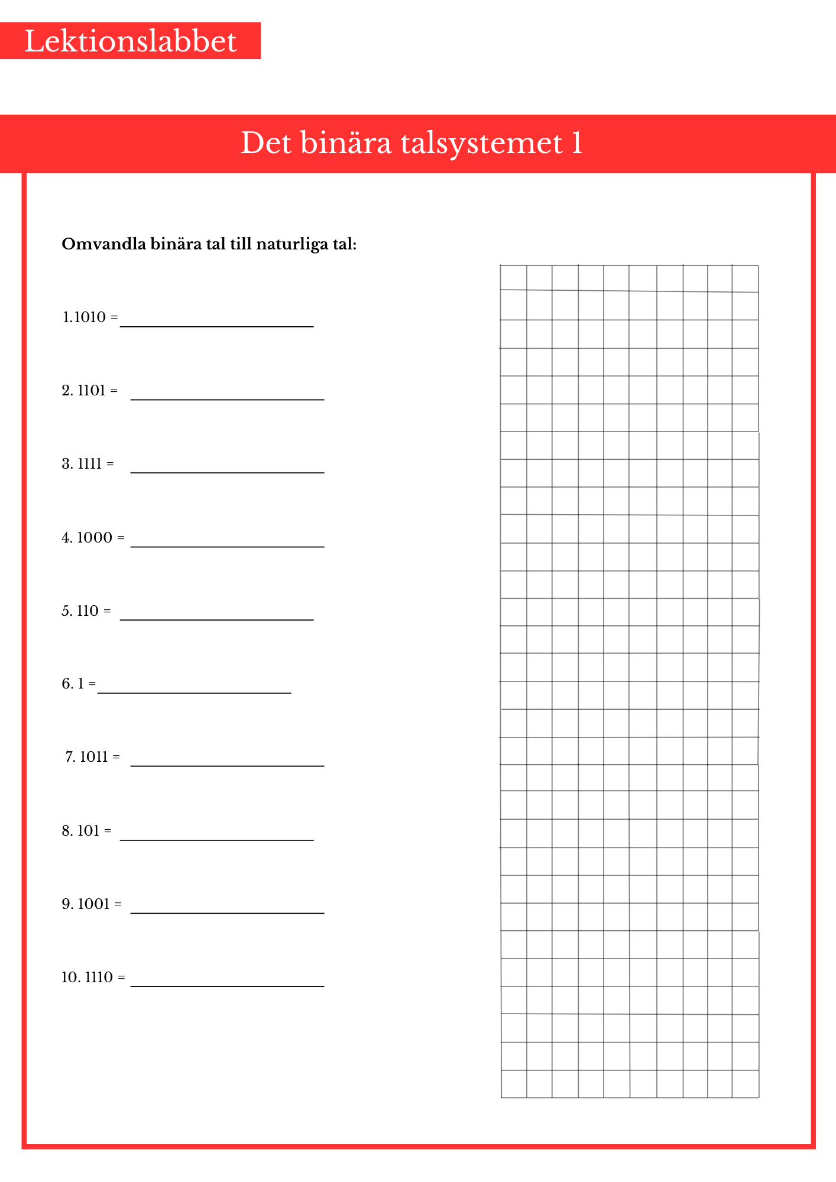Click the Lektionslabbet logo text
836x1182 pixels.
(x=130, y=41)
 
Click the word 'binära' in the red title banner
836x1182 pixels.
(x=346, y=143)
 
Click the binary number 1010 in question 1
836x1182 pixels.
(x=90, y=317)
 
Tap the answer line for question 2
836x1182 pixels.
(x=227, y=399)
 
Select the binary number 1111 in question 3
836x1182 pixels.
(x=90, y=464)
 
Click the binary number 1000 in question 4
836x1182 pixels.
(x=95, y=538)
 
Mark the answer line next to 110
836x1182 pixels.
(x=216, y=619)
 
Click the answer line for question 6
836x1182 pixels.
(x=194, y=692)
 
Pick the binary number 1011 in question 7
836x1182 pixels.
(x=94, y=757)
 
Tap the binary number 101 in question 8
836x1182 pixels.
(x=88, y=831)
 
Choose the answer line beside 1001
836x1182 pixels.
(x=227, y=913)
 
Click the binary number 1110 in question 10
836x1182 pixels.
(x=99, y=978)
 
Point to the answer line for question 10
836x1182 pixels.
(x=227, y=986)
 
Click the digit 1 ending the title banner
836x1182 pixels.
(x=577, y=143)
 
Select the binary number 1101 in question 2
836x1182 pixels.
(x=92, y=391)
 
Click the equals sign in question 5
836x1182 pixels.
(x=107, y=611)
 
